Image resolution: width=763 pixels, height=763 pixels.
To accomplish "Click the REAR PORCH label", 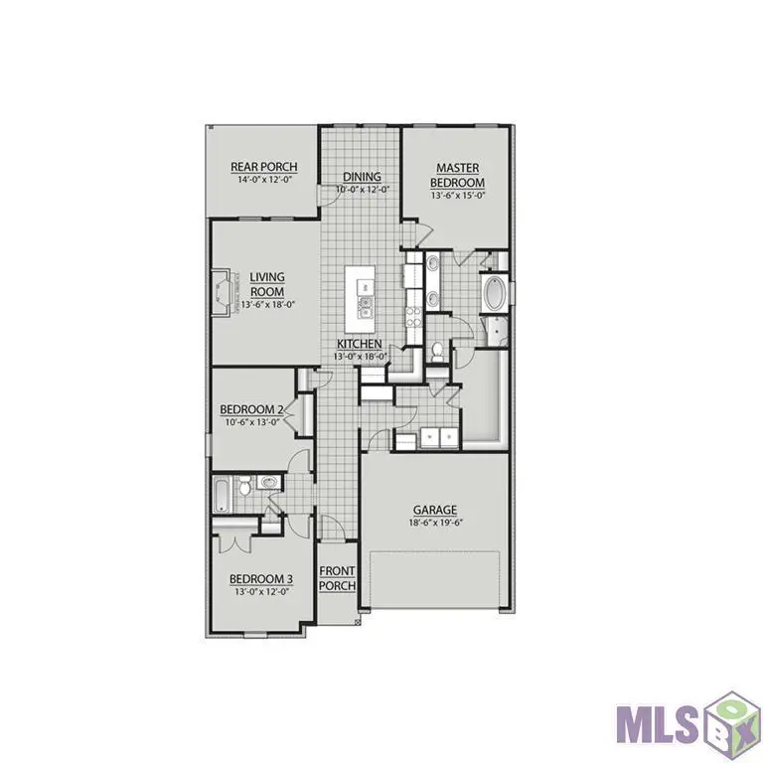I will [263, 167].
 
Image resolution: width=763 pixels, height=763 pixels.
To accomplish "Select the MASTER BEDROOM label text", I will [457, 176].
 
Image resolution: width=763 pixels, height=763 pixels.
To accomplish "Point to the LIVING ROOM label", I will [267, 284].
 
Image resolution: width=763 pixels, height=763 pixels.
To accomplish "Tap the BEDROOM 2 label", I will [252, 409].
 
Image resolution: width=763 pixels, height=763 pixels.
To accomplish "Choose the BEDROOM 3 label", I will [261, 579].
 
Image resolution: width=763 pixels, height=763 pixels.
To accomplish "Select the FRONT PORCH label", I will [337, 579].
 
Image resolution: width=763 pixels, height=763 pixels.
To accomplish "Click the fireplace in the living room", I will [225, 295].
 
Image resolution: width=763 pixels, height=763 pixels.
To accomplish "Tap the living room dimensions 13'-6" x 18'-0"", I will [267, 305].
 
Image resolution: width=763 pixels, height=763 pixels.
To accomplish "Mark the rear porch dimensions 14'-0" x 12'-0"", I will [263, 180].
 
